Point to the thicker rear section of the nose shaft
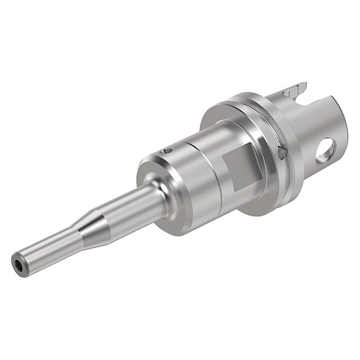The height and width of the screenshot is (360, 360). coord(132,207)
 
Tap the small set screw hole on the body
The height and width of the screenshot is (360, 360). coord(169,151)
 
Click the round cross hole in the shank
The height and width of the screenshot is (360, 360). coord(326,151)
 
